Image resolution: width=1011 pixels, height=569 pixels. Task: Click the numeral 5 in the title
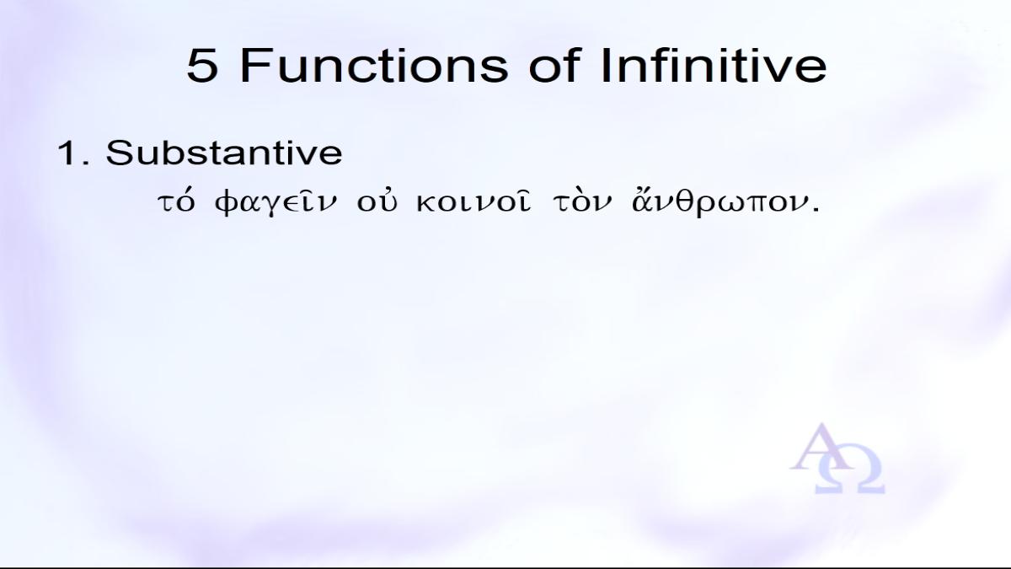pos(202,66)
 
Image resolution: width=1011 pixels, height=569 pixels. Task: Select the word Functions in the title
pos(374,66)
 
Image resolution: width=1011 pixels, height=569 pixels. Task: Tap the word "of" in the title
pos(554,65)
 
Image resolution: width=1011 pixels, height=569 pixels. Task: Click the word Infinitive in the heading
pos(714,65)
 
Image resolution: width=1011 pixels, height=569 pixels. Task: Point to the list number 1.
pos(73,153)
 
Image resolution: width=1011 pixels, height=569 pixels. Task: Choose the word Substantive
pos(224,153)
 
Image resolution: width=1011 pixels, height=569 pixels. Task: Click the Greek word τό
pos(176,203)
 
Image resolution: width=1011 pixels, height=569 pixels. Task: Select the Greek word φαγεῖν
pos(275,204)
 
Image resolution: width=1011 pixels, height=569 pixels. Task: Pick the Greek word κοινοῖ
pos(473,202)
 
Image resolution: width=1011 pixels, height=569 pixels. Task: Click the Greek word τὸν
pos(583,202)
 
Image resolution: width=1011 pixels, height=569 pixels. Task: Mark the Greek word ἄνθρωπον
pos(719,203)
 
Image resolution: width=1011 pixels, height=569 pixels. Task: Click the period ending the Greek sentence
pos(816,210)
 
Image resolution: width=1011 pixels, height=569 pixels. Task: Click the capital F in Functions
pos(254,66)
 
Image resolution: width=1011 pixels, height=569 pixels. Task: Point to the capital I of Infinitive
pos(605,66)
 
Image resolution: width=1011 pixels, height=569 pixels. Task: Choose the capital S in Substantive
pos(119,153)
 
